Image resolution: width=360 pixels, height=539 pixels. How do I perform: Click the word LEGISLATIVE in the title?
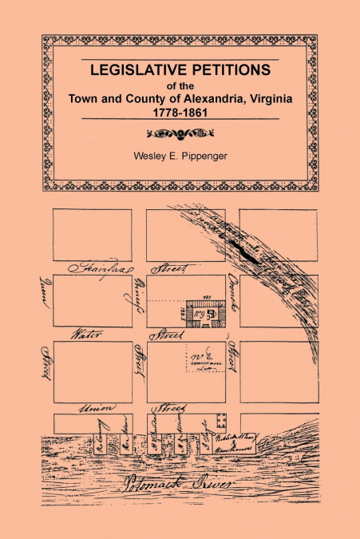pos(135,70)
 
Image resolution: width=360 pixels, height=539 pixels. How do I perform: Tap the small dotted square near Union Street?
pos(222,420)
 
